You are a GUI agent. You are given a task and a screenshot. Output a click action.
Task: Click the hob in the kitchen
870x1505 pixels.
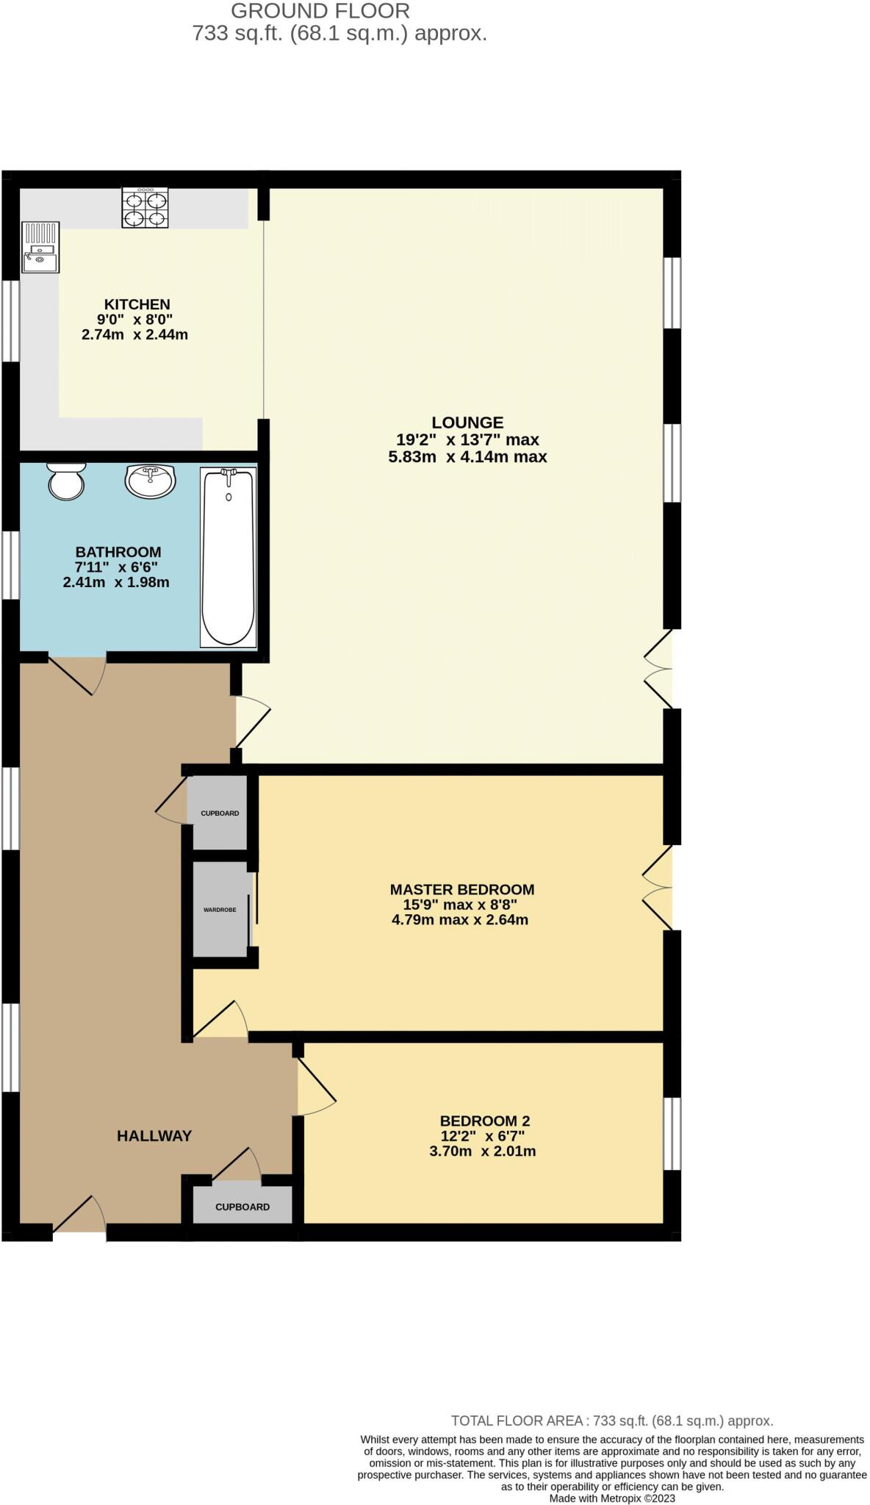[145, 208]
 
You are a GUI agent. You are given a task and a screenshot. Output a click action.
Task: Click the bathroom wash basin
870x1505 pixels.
[151, 481]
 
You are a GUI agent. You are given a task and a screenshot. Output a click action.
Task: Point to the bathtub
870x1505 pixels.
[229, 558]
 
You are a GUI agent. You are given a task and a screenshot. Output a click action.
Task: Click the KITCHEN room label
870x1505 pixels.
[137, 304]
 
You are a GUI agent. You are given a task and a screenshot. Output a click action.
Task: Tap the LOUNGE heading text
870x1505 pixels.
[467, 423]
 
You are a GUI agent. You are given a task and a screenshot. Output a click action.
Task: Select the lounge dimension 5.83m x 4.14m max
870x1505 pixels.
[467, 457]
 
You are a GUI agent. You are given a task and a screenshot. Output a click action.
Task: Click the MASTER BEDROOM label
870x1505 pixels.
[461, 889]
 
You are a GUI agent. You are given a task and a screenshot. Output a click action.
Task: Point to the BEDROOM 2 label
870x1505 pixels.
[484, 1121]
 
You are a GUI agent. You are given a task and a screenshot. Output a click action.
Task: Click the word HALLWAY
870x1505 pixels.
[154, 1136]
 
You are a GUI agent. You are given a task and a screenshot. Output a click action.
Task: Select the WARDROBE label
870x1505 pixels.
[220, 910]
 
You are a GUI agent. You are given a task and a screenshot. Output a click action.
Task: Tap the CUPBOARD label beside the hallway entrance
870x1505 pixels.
[242, 1207]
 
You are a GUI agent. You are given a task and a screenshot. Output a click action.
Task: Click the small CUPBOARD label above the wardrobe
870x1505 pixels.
[220, 813]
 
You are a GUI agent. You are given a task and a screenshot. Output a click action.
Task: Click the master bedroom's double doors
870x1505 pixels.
[658, 888]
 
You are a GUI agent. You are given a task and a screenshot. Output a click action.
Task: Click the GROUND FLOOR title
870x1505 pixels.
[320, 11]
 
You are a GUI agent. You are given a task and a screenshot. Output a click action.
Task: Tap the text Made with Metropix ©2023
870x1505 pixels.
[612, 1498]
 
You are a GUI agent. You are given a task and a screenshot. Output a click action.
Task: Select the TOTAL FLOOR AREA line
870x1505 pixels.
[611, 1421]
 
